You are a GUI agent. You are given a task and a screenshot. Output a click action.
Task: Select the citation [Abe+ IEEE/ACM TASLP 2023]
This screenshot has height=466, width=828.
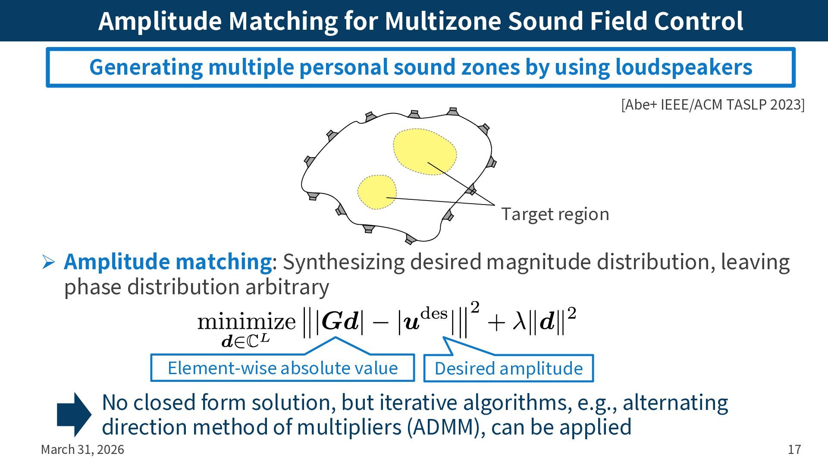pos(712,105)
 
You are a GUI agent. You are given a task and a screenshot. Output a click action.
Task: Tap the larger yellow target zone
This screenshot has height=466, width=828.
pos(424,152)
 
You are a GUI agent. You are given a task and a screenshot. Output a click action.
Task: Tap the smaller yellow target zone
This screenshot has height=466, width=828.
pos(376,192)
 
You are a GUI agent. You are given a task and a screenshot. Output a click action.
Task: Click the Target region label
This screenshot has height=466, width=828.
pos(555,214)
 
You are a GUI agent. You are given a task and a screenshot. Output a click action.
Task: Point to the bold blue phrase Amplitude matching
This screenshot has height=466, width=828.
pos(167,261)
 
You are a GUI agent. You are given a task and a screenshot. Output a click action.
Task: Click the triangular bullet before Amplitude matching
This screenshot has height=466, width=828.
pos(48,262)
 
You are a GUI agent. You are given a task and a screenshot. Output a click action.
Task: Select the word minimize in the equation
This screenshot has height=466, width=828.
pos(246,321)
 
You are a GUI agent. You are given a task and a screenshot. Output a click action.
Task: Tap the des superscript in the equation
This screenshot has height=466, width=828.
pos(434,313)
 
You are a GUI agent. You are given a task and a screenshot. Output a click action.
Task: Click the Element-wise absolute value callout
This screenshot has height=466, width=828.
pos(282,368)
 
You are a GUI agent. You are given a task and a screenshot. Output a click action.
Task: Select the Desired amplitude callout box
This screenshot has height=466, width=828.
pos(508,368)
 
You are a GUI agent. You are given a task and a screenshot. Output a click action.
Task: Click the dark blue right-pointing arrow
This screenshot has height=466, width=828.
pos(74,414)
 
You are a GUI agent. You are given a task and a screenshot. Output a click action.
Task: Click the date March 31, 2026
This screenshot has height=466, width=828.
pos(82,450)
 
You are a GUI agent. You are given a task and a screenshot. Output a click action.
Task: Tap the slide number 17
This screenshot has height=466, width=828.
pos(794,450)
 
